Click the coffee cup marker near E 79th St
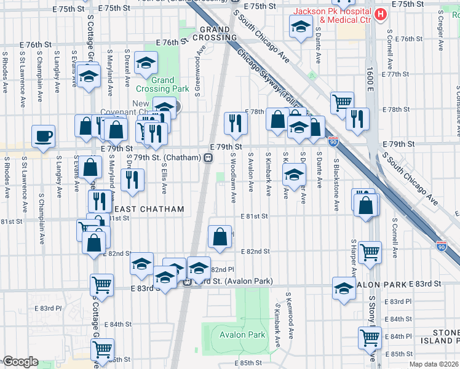coord(43,137)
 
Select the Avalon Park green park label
coord(243,335)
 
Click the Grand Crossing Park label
coord(162,84)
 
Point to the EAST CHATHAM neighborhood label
coord(149,210)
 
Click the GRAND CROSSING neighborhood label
coord(214,33)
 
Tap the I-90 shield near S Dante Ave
coord(333,141)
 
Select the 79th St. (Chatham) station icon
coord(208,158)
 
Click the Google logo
coord(20,362)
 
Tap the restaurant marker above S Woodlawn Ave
coord(236,124)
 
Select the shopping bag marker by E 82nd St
coord(220,237)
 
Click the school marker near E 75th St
coord(301,26)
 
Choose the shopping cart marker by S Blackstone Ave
coord(342,102)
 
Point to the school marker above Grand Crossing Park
coord(146,62)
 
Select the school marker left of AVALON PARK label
coord(344,287)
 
